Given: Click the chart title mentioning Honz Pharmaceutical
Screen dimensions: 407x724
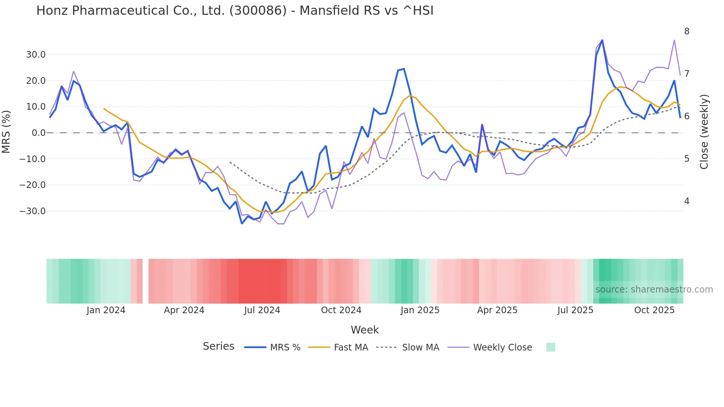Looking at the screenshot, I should (x=235, y=11).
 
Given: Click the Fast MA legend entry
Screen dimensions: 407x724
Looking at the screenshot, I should (x=338, y=348).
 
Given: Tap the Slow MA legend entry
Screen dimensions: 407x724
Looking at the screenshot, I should (x=408, y=348).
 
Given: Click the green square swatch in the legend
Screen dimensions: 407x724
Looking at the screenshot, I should (x=550, y=347).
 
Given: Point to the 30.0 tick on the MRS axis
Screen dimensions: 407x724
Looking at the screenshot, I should (x=36, y=55).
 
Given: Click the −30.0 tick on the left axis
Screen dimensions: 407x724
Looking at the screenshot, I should (x=33, y=211).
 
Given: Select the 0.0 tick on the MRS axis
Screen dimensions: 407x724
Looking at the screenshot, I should (x=39, y=133).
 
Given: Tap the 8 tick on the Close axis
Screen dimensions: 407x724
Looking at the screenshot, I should (x=687, y=31).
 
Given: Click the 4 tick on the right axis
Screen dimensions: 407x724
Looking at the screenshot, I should (x=687, y=201).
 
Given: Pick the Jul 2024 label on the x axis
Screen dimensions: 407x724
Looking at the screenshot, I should (x=262, y=310).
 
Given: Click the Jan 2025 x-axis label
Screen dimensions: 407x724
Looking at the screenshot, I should (x=420, y=310).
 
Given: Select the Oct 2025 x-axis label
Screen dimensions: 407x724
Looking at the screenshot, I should (x=654, y=310).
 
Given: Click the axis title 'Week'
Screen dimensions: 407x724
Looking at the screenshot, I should (x=365, y=330).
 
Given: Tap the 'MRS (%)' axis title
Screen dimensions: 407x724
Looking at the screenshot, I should (x=6, y=132).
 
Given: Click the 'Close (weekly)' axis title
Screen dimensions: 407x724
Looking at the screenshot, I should (x=704, y=132).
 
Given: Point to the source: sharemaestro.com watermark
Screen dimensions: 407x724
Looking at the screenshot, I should (x=654, y=290).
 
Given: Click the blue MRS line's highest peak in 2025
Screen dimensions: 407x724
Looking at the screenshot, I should (x=602, y=40).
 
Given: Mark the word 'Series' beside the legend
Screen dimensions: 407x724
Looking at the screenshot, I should (x=218, y=346).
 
